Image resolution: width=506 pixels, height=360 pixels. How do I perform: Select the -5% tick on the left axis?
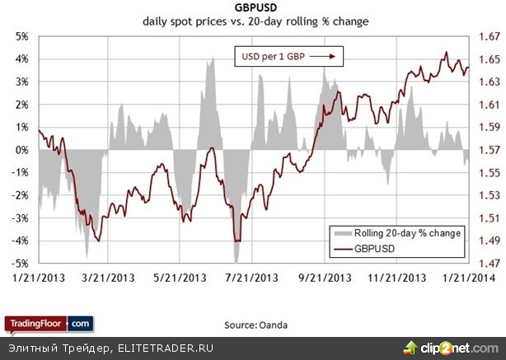pyautogui.click(x=20, y=263)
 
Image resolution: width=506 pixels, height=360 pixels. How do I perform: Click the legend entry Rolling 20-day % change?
pyautogui.click(x=405, y=233)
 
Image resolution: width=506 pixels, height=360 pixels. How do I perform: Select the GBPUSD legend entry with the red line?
pyautogui.click(x=382, y=247)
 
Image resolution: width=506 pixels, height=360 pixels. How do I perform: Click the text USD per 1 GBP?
pyautogui.click(x=274, y=57)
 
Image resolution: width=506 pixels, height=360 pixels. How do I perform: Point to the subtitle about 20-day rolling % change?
pyautogui.click(x=255, y=22)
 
